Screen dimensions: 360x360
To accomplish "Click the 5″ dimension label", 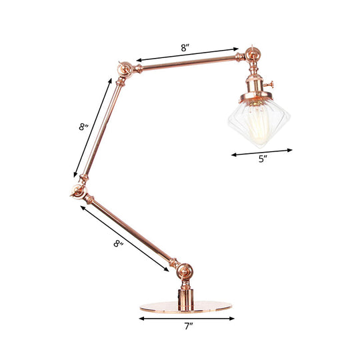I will coord(263,159).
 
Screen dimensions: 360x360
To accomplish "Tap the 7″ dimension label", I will coord(188,326).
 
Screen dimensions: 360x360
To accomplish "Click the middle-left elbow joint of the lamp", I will coord(77,193).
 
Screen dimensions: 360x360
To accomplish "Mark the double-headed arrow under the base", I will coord(186,318).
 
